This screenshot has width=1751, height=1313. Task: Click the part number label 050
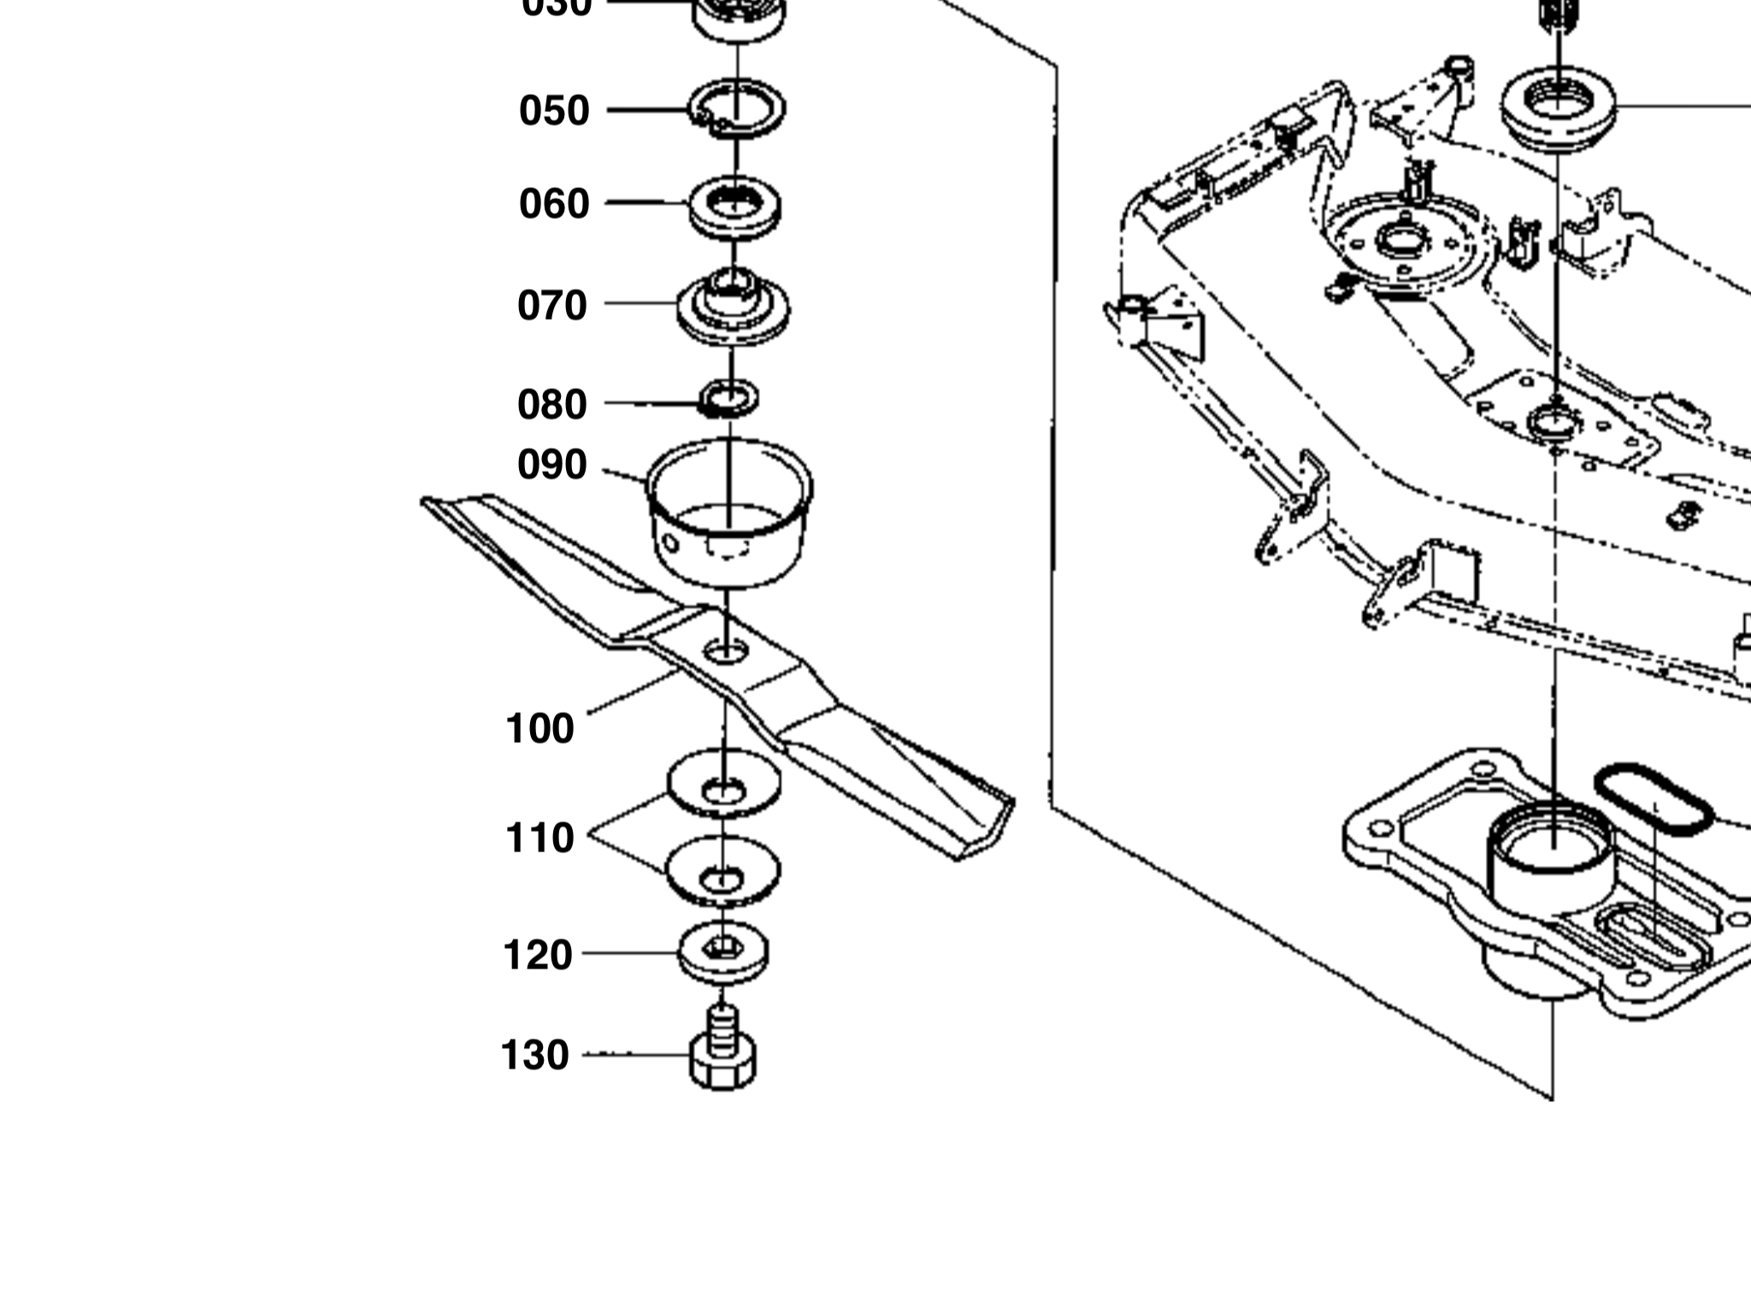click(554, 111)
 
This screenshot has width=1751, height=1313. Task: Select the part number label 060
click(554, 204)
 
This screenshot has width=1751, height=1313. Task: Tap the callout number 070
click(552, 306)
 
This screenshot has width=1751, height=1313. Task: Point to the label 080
click(552, 405)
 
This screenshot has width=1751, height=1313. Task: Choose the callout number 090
click(552, 465)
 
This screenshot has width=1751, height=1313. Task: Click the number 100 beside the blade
click(539, 729)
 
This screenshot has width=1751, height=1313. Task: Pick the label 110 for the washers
click(539, 839)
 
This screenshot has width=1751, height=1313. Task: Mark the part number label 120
click(538, 956)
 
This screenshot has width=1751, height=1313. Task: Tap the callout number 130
click(534, 1056)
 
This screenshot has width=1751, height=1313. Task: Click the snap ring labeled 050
click(737, 109)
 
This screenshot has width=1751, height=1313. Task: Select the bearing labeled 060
click(735, 207)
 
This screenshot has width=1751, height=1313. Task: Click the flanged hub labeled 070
click(733, 308)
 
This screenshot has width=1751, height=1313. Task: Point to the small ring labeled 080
click(729, 398)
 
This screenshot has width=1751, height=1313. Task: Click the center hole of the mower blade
click(726, 652)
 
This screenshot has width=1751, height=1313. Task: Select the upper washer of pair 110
click(724, 783)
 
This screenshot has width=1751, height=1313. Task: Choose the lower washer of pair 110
click(723, 870)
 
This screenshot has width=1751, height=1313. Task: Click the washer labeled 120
click(723, 951)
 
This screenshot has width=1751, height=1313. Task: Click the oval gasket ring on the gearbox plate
click(1653, 800)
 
